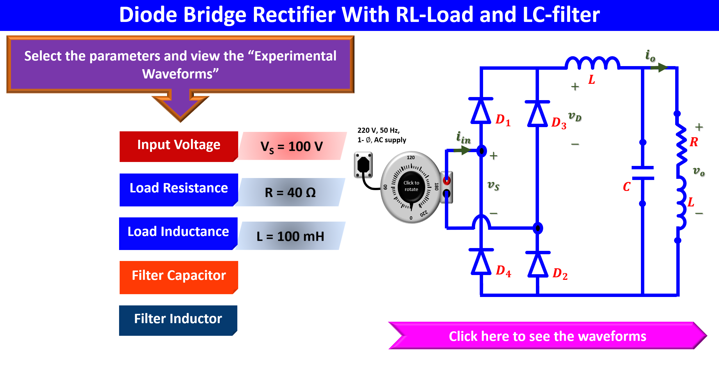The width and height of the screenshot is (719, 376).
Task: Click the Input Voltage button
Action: (x=179, y=146)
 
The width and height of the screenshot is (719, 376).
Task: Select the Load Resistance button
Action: (x=179, y=190)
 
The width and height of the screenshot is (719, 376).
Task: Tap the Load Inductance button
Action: (x=178, y=233)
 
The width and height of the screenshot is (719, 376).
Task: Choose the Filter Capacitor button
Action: (x=179, y=277)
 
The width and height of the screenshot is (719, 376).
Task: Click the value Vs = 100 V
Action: (x=292, y=146)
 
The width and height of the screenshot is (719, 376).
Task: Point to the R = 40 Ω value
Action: (x=290, y=192)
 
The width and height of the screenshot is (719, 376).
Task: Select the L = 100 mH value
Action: (x=290, y=236)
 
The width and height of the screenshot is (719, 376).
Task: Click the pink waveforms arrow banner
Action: (x=547, y=336)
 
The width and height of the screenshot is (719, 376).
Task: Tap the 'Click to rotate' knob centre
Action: (x=411, y=186)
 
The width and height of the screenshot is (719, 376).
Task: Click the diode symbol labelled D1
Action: (x=481, y=111)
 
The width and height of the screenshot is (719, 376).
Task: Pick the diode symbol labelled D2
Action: (x=538, y=264)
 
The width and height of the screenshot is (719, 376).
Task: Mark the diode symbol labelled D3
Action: (x=537, y=114)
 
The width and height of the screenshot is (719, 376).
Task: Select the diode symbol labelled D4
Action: (x=481, y=262)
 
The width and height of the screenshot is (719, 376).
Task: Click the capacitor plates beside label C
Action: (x=643, y=173)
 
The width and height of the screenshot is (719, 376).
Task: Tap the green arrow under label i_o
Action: (x=659, y=67)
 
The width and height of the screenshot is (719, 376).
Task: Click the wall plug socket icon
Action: (x=363, y=165)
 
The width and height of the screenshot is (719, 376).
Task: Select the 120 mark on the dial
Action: (x=411, y=157)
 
